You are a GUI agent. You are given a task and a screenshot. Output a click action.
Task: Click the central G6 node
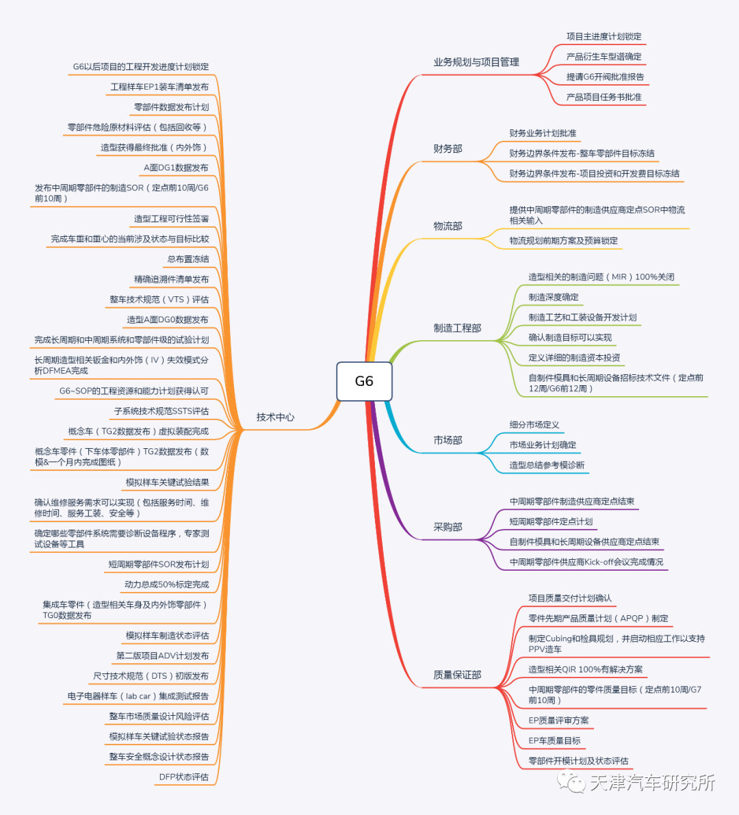click(x=364, y=381)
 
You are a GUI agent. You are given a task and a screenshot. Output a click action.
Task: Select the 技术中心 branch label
click(x=275, y=417)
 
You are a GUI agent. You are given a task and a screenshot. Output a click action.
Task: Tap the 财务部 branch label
click(x=448, y=148)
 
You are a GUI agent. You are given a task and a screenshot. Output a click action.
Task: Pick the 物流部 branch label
click(x=448, y=226)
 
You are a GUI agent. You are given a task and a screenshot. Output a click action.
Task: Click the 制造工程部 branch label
click(x=457, y=328)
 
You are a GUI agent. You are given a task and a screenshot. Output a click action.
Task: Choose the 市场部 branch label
click(x=448, y=440)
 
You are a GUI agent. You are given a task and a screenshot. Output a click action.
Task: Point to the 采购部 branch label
click(x=448, y=527)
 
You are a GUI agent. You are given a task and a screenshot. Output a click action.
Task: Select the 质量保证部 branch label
click(x=457, y=675)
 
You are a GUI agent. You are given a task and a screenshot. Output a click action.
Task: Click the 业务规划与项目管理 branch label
click(x=476, y=62)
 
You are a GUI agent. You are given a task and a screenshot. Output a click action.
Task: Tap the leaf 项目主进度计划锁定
click(x=604, y=36)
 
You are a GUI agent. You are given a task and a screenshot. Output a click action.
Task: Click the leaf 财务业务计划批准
click(x=543, y=133)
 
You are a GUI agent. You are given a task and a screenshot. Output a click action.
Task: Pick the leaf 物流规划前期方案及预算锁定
click(x=563, y=240)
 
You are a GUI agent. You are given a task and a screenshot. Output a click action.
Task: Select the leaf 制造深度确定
click(x=554, y=297)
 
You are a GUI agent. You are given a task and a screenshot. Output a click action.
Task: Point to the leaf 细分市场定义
click(x=534, y=424)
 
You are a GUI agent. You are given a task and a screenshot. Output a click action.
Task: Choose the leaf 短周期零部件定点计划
click(x=551, y=521)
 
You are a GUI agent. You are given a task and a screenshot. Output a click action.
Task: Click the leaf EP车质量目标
click(x=554, y=740)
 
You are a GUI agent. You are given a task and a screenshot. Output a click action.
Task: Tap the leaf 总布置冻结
click(x=188, y=259)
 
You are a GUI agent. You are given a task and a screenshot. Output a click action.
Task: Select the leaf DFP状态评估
click(x=183, y=777)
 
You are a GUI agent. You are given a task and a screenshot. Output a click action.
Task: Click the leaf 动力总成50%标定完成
click(x=166, y=584)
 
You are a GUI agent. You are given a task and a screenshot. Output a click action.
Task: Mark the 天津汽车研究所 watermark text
click(x=651, y=782)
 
